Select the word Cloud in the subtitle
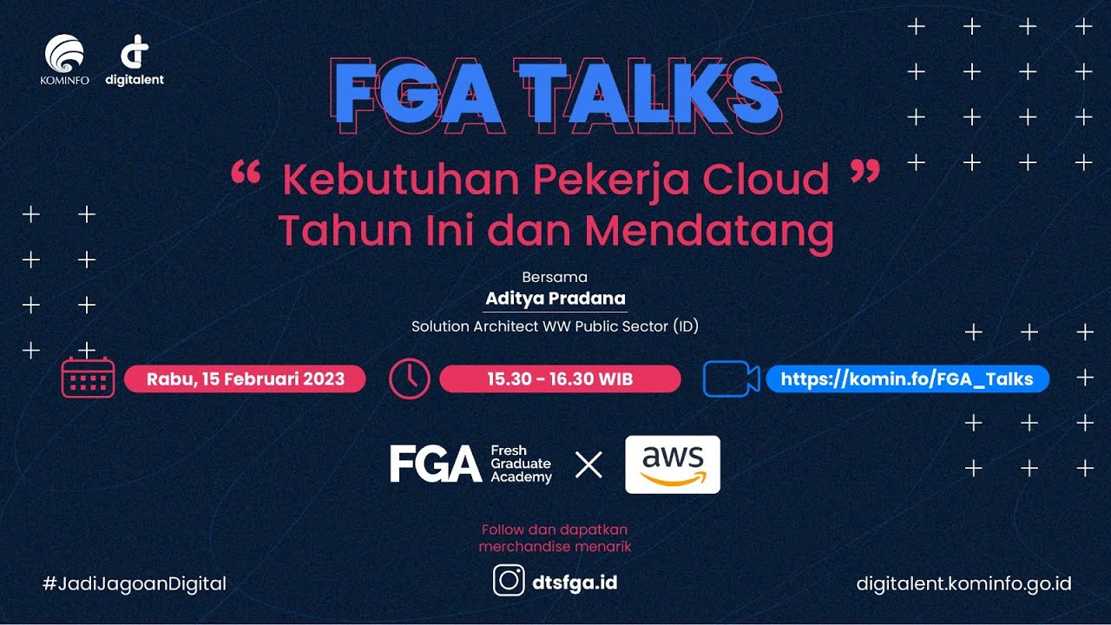point(766,180)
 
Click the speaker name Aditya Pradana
point(555,299)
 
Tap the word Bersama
point(555,278)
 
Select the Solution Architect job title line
point(555,327)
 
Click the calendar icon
point(88,378)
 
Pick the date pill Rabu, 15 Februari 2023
point(246,379)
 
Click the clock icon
point(410,378)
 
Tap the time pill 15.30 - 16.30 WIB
point(560,379)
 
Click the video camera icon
point(731,378)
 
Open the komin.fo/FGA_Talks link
point(907,379)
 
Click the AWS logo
point(673,464)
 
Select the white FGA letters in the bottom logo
point(435,464)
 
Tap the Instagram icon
point(509,581)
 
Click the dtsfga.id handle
point(574,582)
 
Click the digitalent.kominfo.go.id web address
point(963,583)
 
